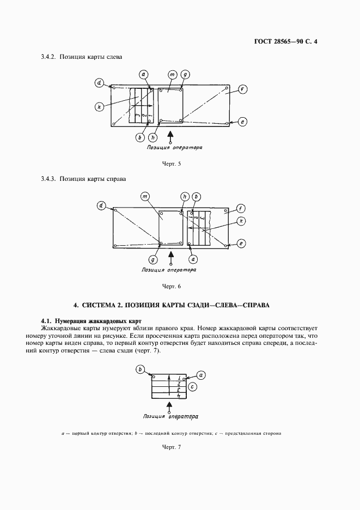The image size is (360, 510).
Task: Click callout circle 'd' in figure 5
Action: (x=99, y=83)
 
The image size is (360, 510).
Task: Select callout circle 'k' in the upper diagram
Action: (x=99, y=107)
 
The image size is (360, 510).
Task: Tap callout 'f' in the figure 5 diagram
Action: (x=242, y=89)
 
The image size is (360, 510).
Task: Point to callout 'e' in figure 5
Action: (x=242, y=122)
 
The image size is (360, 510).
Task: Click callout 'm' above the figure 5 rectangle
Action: (x=172, y=74)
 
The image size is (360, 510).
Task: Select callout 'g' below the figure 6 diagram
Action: (x=154, y=260)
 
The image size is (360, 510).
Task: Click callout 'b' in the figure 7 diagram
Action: (x=140, y=369)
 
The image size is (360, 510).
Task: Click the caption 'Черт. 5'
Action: (x=172, y=164)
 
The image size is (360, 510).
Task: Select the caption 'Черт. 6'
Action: (x=172, y=286)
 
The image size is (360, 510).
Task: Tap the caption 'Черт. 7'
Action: (x=172, y=447)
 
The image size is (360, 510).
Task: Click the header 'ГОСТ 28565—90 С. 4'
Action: (x=285, y=41)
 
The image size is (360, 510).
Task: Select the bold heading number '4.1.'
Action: (x=48, y=321)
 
